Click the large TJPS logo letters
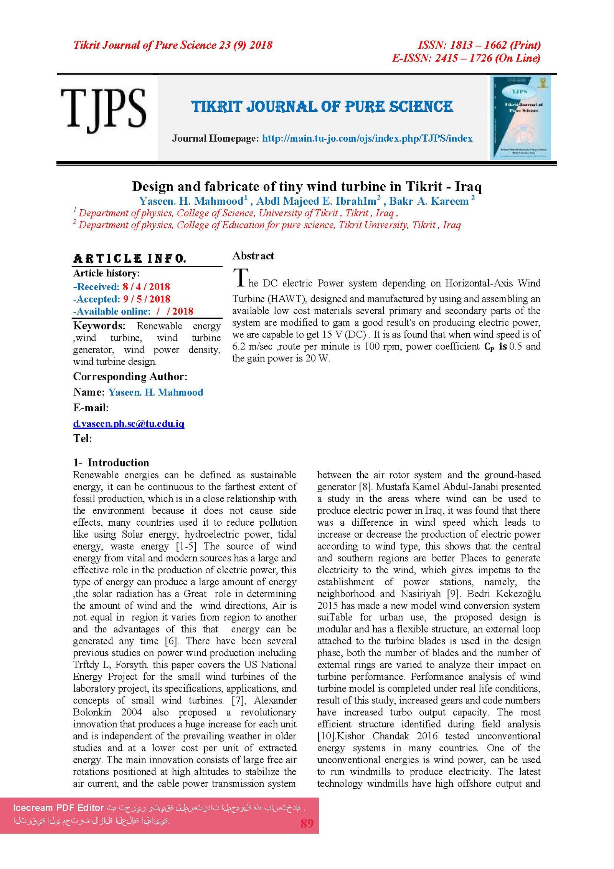point(104,109)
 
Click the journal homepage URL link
point(367,139)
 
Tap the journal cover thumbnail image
point(521,118)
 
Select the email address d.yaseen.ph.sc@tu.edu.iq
point(129,424)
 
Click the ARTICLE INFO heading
point(129,258)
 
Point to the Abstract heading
point(253,256)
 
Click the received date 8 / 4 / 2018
point(146,287)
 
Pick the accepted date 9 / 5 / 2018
point(147,299)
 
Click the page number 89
point(307,823)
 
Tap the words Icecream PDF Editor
point(58,808)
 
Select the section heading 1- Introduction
point(111,462)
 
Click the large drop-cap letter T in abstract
point(241,278)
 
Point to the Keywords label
point(99,326)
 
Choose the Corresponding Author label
point(130,376)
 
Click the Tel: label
point(83,439)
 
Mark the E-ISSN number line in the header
point(466,58)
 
